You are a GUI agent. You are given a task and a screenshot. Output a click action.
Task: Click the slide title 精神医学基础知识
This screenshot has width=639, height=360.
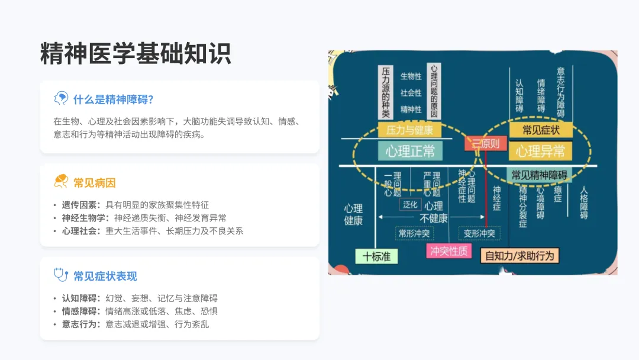pyautogui.click(x=135, y=54)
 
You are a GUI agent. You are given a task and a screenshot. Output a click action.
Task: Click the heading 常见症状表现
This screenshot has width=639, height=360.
pyautogui.click(x=105, y=276)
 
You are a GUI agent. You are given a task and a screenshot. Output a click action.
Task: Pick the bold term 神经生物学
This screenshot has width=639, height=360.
pyautogui.click(x=85, y=218)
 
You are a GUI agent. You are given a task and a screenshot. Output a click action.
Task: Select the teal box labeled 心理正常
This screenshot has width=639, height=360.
pyautogui.click(x=410, y=151)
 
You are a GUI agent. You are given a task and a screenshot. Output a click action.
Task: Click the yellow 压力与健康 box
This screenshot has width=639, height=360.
pyautogui.click(x=409, y=130)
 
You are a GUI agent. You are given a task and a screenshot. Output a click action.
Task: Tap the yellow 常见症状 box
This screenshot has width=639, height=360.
pyautogui.click(x=540, y=130)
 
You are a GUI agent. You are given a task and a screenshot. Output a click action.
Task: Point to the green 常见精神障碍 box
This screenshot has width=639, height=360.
pyautogui.click(x=539, y=175)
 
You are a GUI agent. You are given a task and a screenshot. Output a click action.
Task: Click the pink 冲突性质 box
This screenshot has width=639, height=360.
pyautogui.click(x=449, y=251)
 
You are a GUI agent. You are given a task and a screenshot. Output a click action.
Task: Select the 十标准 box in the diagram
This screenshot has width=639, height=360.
pyautogui.click(x=376, y=256)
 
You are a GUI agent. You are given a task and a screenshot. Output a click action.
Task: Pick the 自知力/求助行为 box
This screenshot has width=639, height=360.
pyautogui.click(x=520, y=256)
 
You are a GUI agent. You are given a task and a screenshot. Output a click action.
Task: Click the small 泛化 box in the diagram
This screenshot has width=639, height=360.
pyautogui.click(x=410, y=204)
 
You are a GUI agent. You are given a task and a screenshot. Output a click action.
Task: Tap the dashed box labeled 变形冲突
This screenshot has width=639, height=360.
pyautogui.click(x=479, y=233)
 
